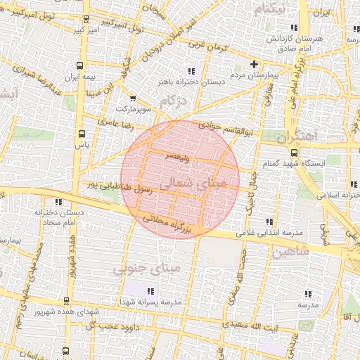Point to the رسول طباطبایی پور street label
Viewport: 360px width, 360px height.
[x=109, y=186]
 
